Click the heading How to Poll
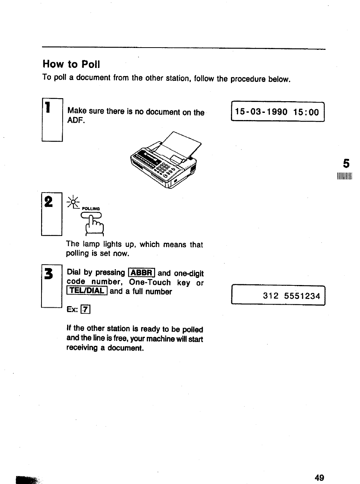click(x=71, y=64)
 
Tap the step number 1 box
click(x=52, y=119)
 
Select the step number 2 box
click(x=51, y=214)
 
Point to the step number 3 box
click(x=51, y=286)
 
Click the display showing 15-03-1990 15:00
click(x=277, y=112)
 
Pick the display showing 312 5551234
click(x=278, y=295)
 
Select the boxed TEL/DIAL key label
click(x=87, y=291)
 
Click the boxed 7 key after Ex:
click(x=86, y=310)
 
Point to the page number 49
click(x=319, y=478)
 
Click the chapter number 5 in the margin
click(x=346, y=163)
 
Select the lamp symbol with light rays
click(x=73, y=202)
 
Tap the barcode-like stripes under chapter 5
click(x=345, y=177)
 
